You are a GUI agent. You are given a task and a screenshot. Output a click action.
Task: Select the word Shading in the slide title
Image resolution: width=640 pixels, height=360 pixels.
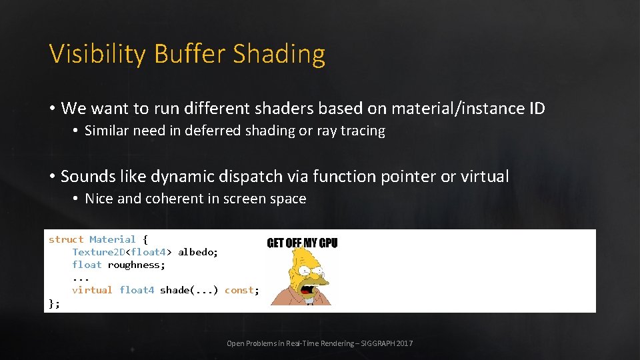tap(279, 55)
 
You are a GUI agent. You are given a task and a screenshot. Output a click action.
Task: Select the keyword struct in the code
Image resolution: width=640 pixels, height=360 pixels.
tap(66, 239)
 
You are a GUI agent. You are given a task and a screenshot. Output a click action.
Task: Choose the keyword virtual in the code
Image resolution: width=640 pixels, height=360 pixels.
tap(92, 290)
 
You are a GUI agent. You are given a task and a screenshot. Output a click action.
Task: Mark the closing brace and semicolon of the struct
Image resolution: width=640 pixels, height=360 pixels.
tap(54, 303)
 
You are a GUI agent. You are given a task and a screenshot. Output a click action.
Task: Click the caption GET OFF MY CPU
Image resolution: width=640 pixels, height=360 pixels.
tap(302, 243)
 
